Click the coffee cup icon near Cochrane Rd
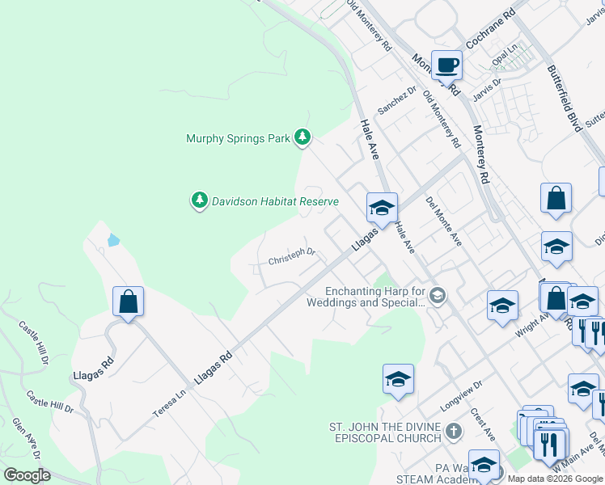click(446, 64)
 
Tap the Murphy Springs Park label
click(238, 138)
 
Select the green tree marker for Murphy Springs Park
click(302, 137)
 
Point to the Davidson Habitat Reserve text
click(275, 200)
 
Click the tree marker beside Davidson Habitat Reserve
click(200, 200)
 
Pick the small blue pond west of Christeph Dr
click(112, 240)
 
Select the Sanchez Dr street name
click(396, 101)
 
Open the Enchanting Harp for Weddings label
click(375, 297)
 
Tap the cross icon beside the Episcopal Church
click(454, 432)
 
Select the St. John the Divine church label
click(385, 432)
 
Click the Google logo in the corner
click(27, 476)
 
